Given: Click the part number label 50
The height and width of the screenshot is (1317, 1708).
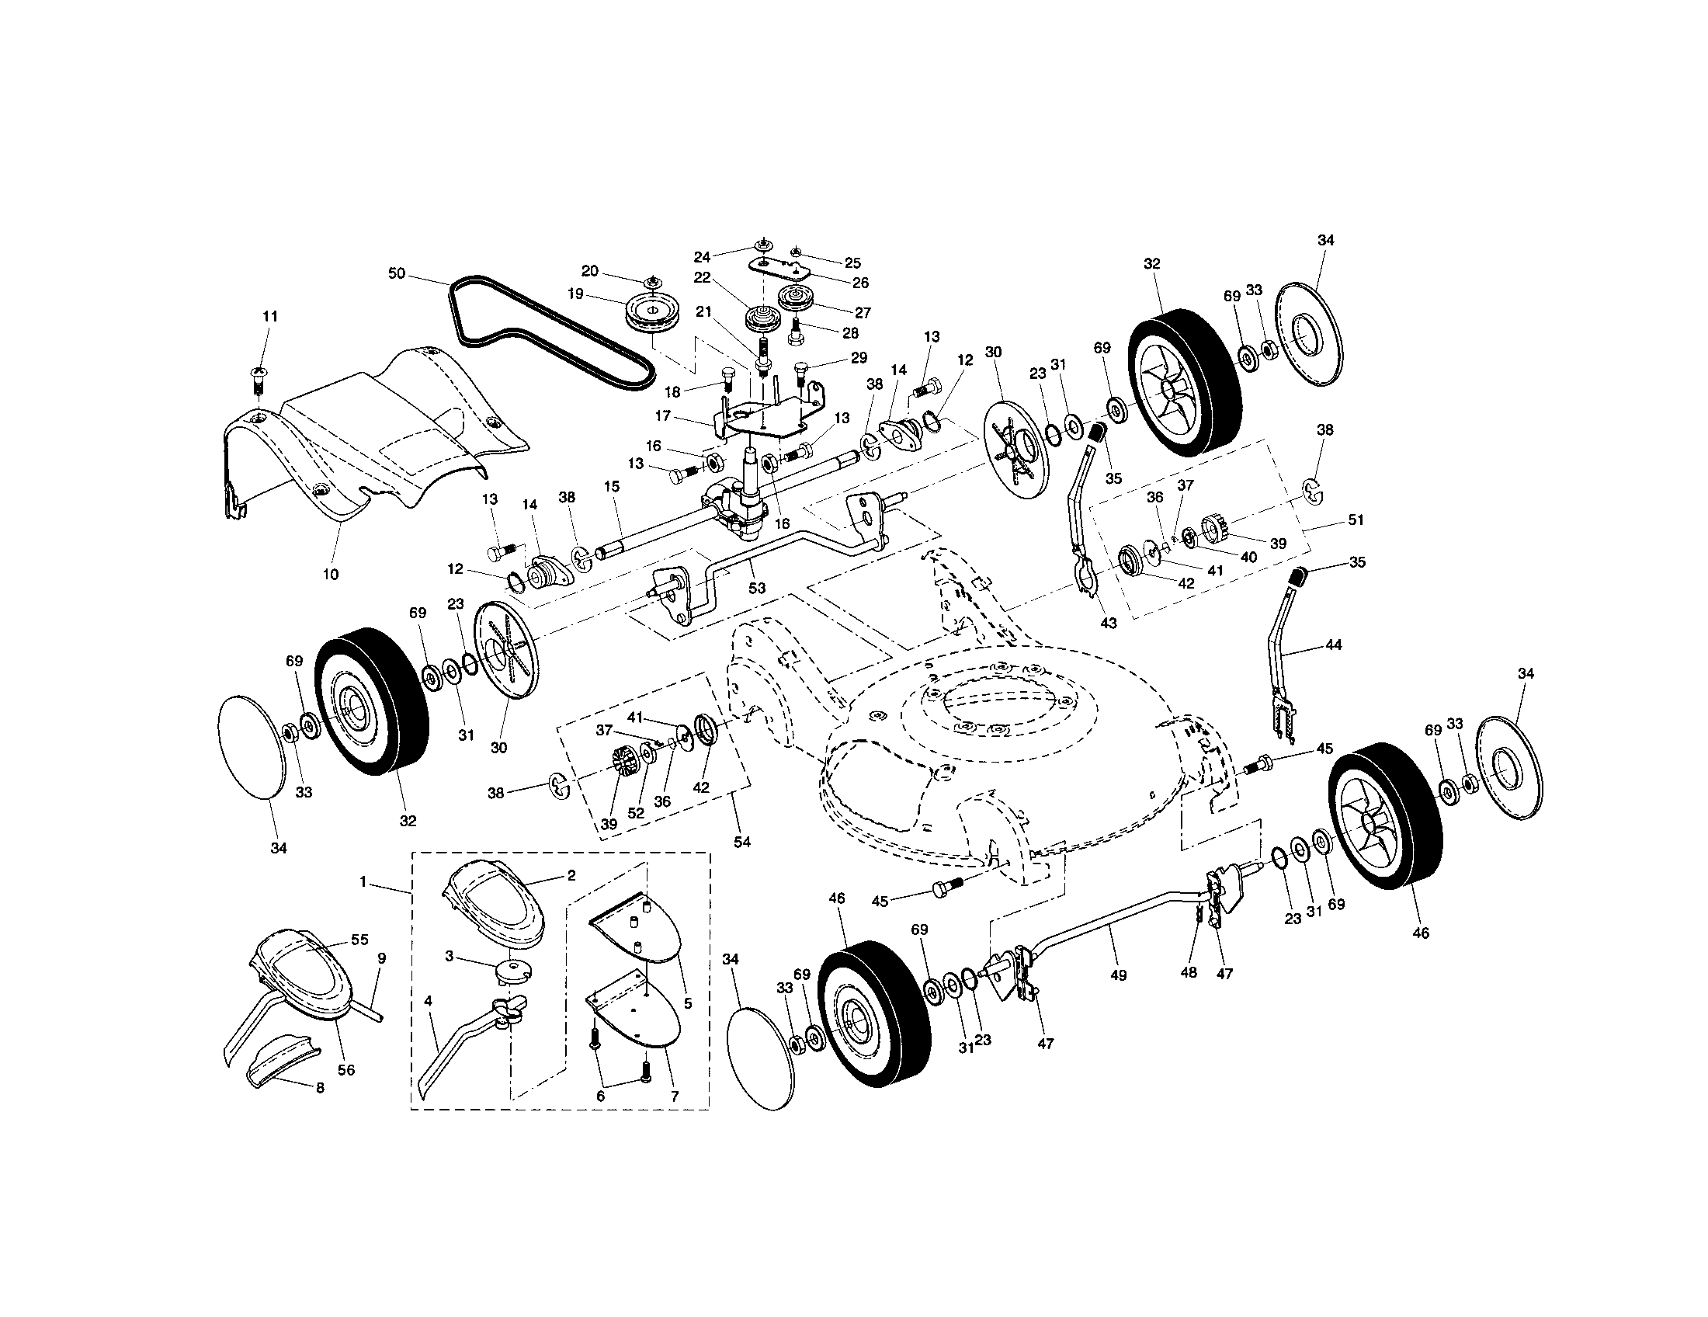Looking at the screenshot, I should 397,273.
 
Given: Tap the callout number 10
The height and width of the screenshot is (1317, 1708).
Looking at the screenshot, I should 330,574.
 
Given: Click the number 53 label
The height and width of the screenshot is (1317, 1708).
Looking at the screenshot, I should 756,587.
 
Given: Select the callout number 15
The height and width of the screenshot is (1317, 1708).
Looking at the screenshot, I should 611,486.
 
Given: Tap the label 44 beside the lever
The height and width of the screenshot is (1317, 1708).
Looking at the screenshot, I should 1333,645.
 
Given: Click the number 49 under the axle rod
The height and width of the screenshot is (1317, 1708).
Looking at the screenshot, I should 1118,975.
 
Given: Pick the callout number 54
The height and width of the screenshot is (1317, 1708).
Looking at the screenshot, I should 741,842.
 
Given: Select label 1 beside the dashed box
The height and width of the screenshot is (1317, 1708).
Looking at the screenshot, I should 363,881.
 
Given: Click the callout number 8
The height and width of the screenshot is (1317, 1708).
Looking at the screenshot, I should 319,1087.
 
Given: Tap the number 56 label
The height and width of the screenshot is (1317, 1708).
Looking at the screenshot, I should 345,1069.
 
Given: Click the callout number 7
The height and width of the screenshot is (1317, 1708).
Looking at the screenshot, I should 674,1096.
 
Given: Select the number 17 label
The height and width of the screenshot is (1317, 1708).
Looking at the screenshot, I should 663,417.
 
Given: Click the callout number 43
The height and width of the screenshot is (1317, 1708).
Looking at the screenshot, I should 1108,624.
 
